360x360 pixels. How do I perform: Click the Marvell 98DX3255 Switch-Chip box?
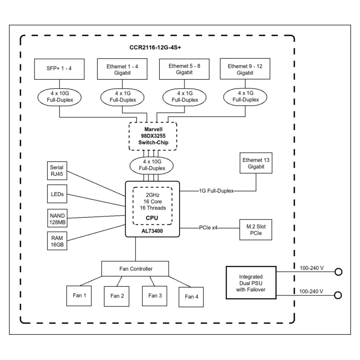click(x=153, y=135)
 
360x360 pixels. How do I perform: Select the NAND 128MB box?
click(x=56, y=218)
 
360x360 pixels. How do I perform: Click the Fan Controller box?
click(x=135, y=269)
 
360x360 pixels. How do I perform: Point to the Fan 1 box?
click(x=79, y=296)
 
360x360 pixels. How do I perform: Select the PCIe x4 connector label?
click(x=208, y=228)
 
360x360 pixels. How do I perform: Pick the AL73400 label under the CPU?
click(x=153, y=230)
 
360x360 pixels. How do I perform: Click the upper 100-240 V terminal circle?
click(x=338, y=272)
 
